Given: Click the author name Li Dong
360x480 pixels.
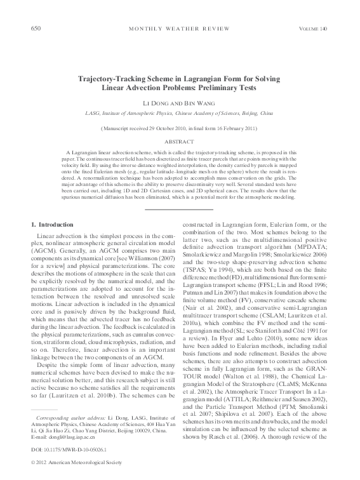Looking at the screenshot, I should pos(155,103).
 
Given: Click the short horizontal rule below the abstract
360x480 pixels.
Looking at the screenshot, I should pos(179,209).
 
